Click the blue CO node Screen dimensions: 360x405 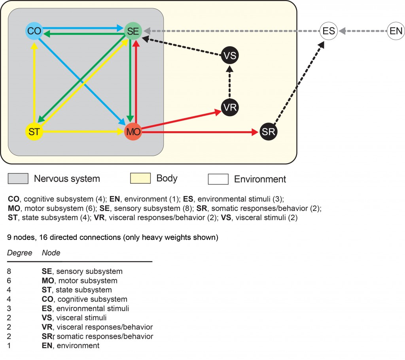coord(34,31)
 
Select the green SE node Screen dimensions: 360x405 coord(132,31)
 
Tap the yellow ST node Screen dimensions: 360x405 coord(34,132)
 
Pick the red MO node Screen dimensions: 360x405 coord(133,132)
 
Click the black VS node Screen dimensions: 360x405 coord(230,55)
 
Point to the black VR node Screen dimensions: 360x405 coord(230,107)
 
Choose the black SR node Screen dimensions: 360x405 coord(269,132)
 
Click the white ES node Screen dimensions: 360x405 coord(329,31)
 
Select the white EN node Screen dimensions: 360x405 coord(395,31)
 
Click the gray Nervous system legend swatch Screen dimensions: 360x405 coord(18,179)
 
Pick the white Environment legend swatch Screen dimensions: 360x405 coord(218,179)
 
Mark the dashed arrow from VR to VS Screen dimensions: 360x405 coord(230,81)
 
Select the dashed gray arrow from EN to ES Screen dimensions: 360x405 coord(362,31)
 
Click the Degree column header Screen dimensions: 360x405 coord(19,253)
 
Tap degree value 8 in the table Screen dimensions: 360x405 coord(9,271)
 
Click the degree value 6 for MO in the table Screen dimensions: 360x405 coord(9,281)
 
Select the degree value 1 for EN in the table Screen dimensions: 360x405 coord(9,345)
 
